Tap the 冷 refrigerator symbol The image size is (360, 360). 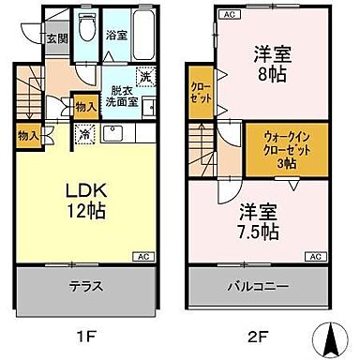coord(86,134)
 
